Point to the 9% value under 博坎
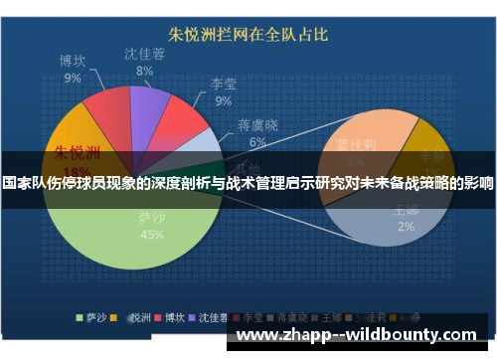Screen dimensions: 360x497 (x=73, y=77)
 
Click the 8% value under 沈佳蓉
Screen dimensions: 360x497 (x=144, y=71)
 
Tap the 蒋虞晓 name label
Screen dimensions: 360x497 (x=257, y=126)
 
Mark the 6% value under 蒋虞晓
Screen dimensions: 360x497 (x=257, y=142)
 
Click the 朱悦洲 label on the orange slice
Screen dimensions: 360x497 (x=77, y=153)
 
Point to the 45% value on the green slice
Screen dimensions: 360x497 (x=152, y=235)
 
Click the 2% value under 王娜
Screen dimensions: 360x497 (x=406, y=226)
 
